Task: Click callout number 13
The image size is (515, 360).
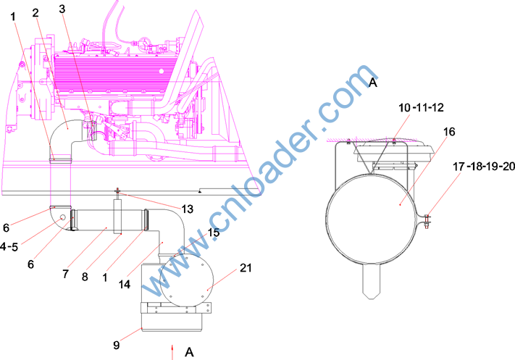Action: (187, 209)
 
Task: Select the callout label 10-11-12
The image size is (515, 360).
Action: (421, 107)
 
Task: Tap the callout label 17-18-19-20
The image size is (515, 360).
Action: (484, 167)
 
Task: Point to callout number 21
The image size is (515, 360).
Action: (246, 268)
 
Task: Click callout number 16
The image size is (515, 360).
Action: (449, 132)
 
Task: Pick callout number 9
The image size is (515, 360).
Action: (117, 345)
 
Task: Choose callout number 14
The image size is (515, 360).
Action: (125, 284)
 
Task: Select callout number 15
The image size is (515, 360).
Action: (214, 233)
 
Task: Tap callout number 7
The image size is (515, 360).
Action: (65, 273)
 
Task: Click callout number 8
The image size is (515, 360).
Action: (85, 277)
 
